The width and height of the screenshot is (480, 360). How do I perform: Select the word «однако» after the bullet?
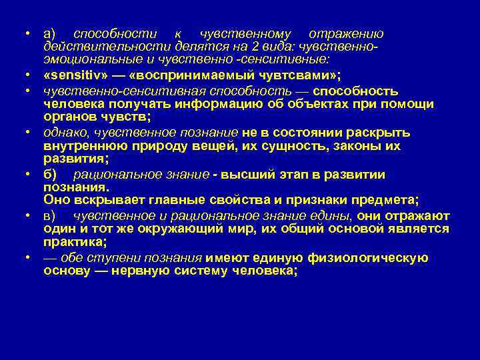tap(65, 133)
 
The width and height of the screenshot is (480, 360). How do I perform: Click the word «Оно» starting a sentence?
tap(55, 199)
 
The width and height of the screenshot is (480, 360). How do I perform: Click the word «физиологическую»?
tap(371, 258)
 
